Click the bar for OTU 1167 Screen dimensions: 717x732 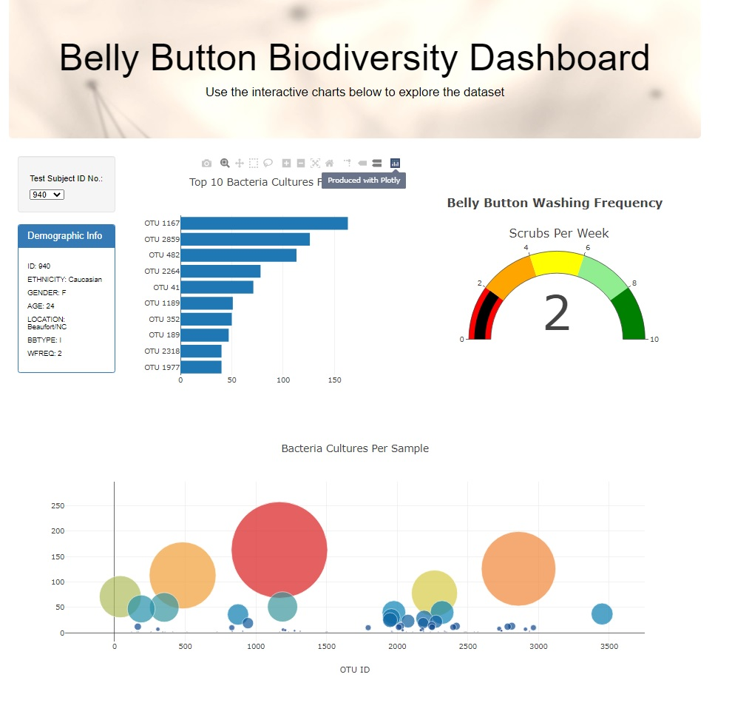point(264,223)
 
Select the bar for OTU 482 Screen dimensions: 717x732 point(238,255)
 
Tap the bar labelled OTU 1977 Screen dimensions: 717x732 point(201,367)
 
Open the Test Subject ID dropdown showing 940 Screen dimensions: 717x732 point(47,195)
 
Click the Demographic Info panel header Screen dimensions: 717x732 point(66,236)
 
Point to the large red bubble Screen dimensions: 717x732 point(279,550)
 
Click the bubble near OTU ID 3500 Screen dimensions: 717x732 point(602,613)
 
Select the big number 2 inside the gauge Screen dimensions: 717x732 point(557,314)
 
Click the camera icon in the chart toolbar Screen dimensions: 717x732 point(206,163)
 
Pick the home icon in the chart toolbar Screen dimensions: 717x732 point(329,163)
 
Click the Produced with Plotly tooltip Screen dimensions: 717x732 point(364,181)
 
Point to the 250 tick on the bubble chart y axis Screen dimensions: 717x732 point(57,506)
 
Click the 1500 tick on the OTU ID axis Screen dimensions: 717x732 point(326,646)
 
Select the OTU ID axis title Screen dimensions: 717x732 point(355,670)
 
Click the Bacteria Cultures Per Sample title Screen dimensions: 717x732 point(355,448)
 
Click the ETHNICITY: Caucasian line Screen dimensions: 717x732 point(64,280)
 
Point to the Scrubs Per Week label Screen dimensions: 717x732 point(558,233)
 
